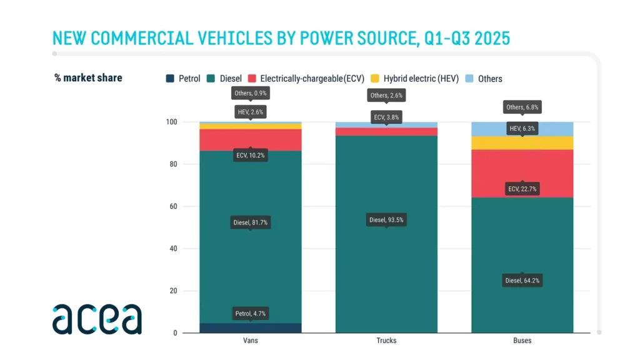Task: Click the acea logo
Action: coord(97,319)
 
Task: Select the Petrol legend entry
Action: coord(183,79)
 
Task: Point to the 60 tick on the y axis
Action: coord(174,206)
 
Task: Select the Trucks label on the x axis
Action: coord(386,341)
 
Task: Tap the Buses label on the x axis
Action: coord(522,341)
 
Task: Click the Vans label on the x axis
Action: coord(250,341)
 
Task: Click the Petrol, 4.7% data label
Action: coord(250,313)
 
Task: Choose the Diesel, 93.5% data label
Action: coord(386,219)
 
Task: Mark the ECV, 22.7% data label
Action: coord(522,189)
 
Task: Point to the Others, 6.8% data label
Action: coord(522,107)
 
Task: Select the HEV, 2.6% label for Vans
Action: coord(250,112)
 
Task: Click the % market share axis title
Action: coord(88,78)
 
